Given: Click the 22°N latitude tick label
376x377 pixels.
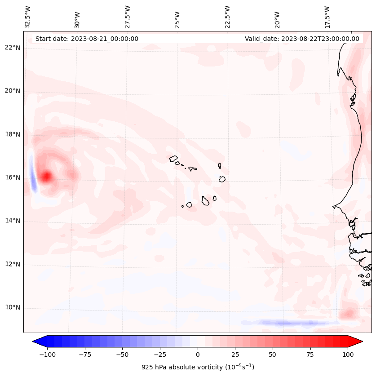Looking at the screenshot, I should [13, 48].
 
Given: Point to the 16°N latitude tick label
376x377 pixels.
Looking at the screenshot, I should [13, 177].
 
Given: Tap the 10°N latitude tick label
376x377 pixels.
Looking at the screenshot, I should [13, 308].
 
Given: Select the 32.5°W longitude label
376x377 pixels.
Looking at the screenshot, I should [28, 17].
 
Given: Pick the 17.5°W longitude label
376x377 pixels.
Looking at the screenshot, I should [327, 17].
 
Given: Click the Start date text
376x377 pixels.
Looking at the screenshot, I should [87, 39].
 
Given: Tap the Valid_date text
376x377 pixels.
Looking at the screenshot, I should [302, 39].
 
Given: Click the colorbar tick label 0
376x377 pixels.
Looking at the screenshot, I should [198, 355].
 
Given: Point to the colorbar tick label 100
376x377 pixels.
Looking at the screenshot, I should [348, 355].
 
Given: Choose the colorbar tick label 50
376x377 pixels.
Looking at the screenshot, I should [273, 355].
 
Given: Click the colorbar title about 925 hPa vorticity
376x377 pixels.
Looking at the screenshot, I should [198, 367].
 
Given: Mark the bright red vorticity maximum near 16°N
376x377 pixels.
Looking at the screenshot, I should [46, 177].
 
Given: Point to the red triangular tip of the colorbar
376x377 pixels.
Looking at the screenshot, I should [356, 342].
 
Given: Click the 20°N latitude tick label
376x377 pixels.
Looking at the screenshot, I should [13, 91].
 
